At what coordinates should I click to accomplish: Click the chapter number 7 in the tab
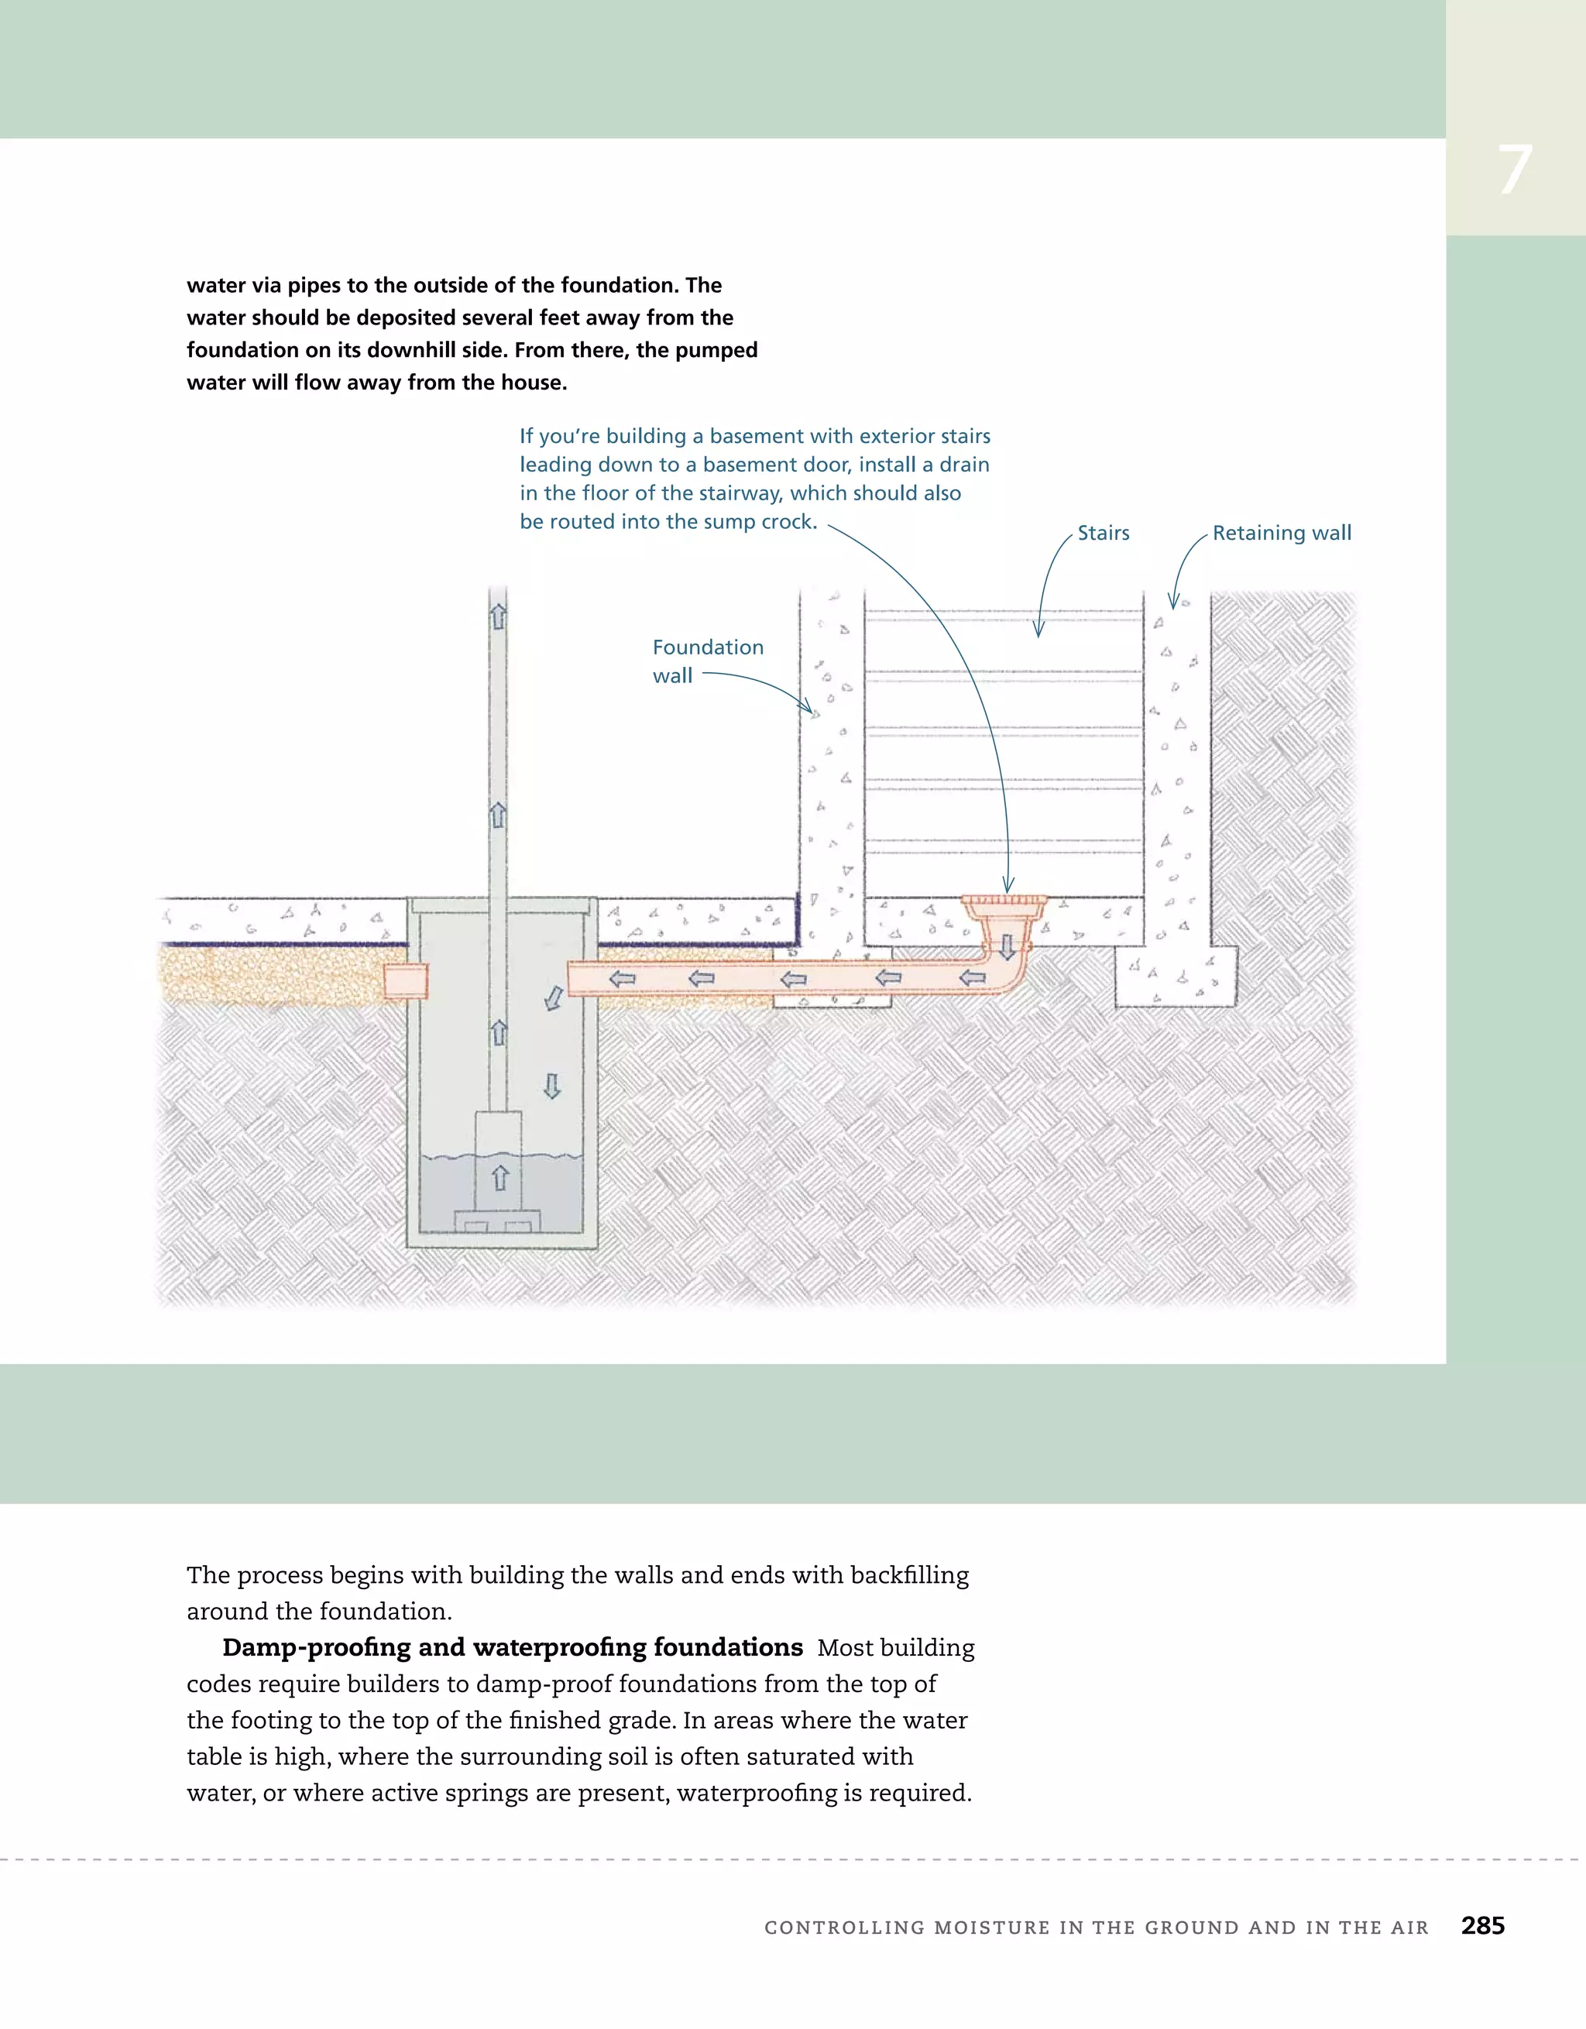coord(1515,171)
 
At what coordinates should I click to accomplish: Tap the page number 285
coord(1482,1925)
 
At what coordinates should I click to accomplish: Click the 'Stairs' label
coord(1103,534)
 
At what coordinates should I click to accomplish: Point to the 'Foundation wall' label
coord(707,661)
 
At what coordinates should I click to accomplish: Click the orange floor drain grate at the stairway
coord(1004,901)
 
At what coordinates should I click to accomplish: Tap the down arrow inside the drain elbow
coord(1006,948)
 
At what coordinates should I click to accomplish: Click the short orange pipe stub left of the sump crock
coord(405,981)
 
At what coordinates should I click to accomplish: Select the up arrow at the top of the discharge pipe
coord(498,616)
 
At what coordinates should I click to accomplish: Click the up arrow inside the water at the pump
coord(499,1177)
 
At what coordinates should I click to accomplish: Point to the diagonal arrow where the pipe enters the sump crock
coord(554,999)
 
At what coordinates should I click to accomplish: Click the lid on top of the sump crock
coord(502,905)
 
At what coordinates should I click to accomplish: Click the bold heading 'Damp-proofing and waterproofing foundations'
coord(512,1647)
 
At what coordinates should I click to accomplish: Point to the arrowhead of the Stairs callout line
coord(1038,632)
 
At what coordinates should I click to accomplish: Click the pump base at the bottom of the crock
coord(496,1220)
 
